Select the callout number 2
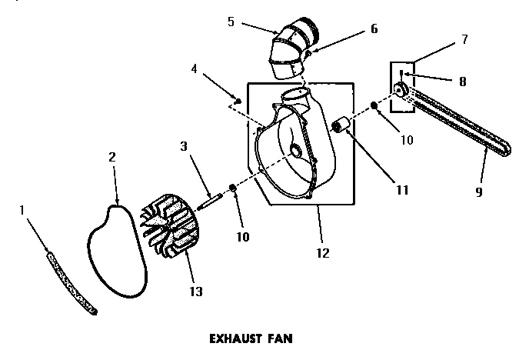click(x=113, y=156)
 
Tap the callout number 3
click(x=185, y=146)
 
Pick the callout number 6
click(x=374, y=29)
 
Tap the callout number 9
click(x=479, y=192)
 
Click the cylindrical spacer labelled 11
click(x=341, y=125)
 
